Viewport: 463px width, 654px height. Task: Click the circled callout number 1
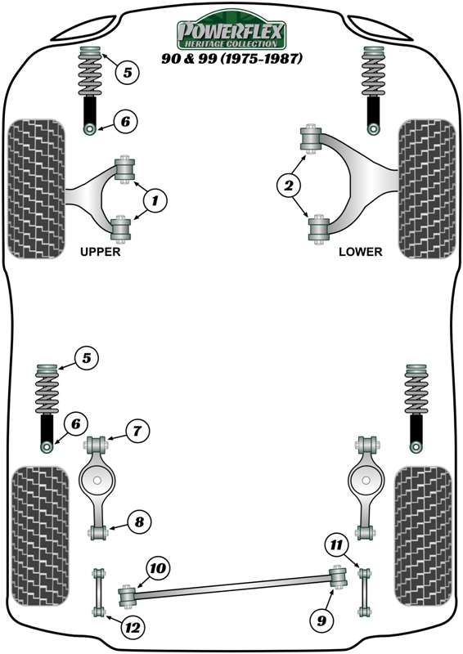click(x=155, y=199)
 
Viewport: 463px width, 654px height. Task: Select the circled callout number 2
click(x=288, y=187)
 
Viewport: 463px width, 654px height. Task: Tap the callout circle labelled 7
click(x=137, y=431)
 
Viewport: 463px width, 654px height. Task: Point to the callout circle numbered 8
click(x=138, y=522)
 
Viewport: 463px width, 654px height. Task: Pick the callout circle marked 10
click(x=158, y=567)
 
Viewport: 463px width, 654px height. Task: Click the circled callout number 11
click(x=337, y=543)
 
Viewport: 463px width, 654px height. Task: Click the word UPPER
click(x=101, y=252)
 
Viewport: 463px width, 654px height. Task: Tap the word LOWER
click(x=360, y=252)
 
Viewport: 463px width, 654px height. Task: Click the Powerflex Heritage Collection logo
click(x=231, y=34)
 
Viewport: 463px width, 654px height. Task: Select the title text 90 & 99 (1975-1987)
click(x=231, y=59)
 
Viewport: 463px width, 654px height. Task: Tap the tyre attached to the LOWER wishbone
click(x=425, y=188)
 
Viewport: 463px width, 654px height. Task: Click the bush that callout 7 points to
click(x=97, y=446)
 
